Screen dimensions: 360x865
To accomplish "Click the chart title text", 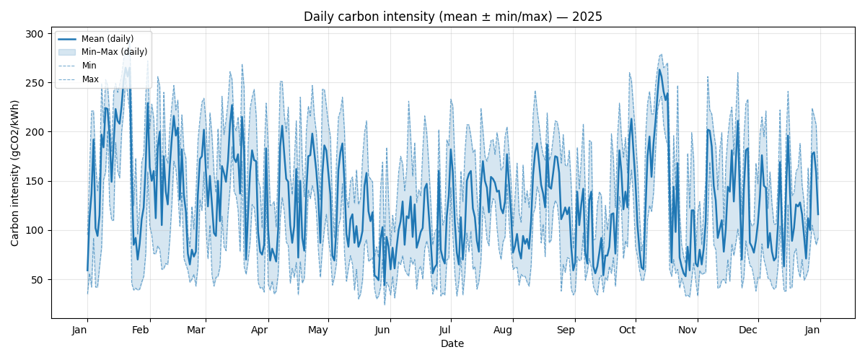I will pyautogui.click(x=452, y=17).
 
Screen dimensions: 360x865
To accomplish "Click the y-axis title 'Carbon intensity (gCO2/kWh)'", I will pyautogui.click(x=15, y=172).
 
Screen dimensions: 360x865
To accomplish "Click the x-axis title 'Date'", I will pyautogui.click(x=452, y=344).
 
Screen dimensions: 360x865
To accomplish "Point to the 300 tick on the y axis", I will pyautogui.click(x=34, y=34).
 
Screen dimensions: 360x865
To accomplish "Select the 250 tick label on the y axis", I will pyautogui.click(x=34, y=83).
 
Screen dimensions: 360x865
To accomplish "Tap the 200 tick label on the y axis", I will pyautogui.click(x=34, y=132).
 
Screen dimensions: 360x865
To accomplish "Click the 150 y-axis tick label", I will pyautogui.click(x=34, y=181).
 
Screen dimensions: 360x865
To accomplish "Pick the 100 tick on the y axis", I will pyautogui.click(x=34, y=230).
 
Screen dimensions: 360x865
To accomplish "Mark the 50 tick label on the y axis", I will pyautogui.click(x=36, y=280).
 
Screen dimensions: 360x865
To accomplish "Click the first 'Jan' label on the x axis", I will pyautogui.click(x=79, y=330).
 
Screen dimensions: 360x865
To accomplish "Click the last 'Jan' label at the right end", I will pyautogui.click(x=812, y=330).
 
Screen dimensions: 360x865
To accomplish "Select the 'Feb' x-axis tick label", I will pyautogui.click(x=141, y=330).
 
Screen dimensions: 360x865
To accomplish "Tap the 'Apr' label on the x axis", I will pyautogui.click(x=259, y=330).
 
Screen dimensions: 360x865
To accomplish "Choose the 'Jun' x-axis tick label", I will pyautogui.click(x=382, y=330).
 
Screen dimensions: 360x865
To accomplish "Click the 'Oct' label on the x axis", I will pyautogui.click(x=627, y=330).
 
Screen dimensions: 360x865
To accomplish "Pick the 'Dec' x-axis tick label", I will pyautogui.click(x=748, y=330).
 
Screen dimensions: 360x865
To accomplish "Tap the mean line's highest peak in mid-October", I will pyautogui.click(x=659, y=69).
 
